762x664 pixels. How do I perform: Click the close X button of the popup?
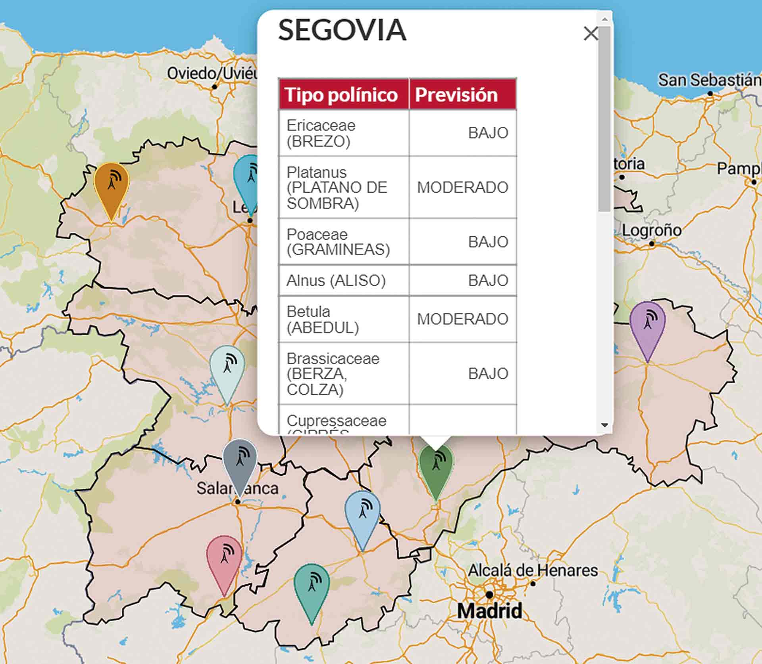(591, 34)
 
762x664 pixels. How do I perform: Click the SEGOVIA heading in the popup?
(342, 30)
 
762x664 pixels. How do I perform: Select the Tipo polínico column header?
(341, 95)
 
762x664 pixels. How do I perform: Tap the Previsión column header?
(456, 95)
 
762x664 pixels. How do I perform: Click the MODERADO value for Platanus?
(462, 188)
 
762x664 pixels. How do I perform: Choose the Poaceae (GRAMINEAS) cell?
(338, 242)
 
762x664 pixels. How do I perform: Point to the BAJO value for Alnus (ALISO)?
(488, 281)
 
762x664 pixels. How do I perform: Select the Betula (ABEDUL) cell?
(323, 320)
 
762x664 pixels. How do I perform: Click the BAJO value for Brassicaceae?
(488, 374)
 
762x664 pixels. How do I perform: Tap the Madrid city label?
(490, 611)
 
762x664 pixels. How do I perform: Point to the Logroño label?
(651, 230)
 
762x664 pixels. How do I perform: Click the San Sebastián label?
(710, 80)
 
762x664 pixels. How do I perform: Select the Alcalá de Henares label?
(533, 570)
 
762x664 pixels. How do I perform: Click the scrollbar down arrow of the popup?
(604, 425)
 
